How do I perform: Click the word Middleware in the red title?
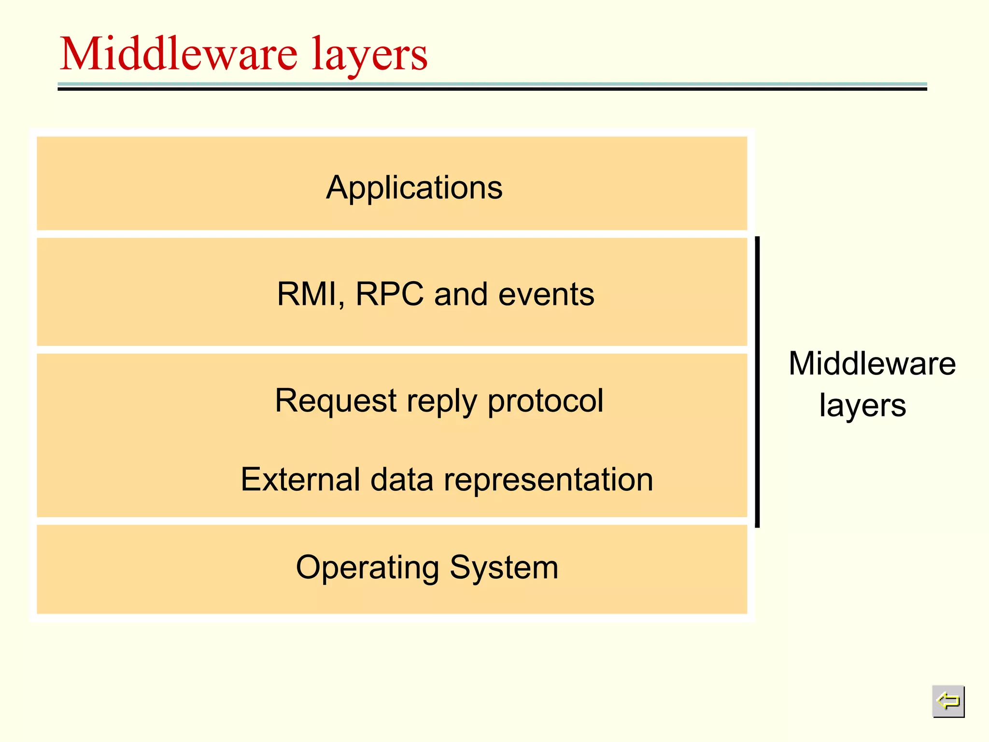[x=179, y=54]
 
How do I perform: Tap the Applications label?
[x=414, y=187]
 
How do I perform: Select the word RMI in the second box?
[x=309, y=294]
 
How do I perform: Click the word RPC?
[x=389, y=294]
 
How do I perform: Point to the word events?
[x=546, y=294]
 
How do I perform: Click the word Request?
[x=336, y=401]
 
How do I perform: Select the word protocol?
[x=545, y=401]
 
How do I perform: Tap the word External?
[x=300, y=479]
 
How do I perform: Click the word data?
[x=402, y=479]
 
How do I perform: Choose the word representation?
[x=548, y=480]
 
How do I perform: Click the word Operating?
[x=367, y=568]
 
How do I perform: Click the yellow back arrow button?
[x=948, y=701]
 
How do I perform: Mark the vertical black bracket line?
[x=757, y=382]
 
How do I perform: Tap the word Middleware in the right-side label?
[x=872, y=363]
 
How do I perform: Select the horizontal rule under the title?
[x=492, y=87]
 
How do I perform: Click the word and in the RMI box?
[x=461, y=294]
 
